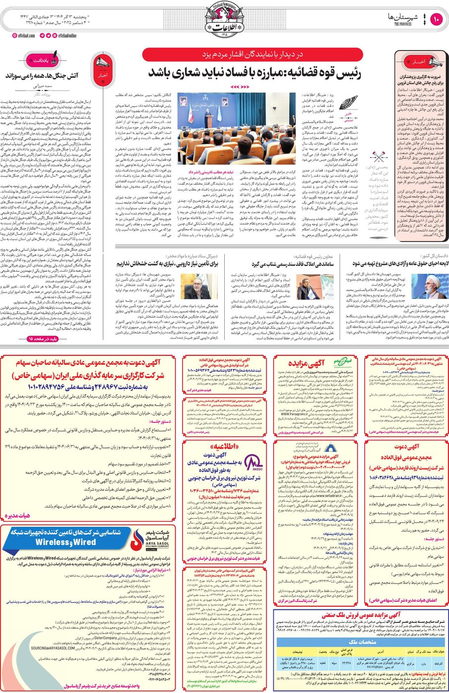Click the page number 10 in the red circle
tap(436, 20)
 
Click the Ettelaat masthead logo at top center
tap(224, 21)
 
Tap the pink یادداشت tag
tap(42, 60)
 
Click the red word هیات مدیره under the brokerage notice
tap(17, 515)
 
